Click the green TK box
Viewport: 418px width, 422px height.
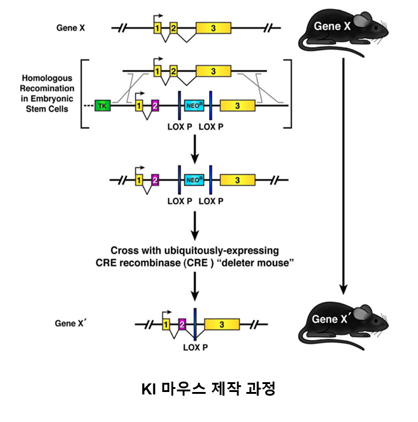point(102,106)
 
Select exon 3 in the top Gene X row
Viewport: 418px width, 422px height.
point(213,28)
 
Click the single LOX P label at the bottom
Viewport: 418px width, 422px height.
point(195,346)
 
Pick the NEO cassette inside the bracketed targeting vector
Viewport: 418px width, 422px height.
point(194,106)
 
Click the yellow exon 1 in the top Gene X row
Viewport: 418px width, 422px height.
point(157,28)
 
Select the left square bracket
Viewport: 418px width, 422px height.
point(84,94)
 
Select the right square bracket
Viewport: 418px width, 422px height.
point(289,94)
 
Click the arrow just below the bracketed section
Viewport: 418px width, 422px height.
point(194,148)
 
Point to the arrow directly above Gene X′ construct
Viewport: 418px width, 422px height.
point(194,288)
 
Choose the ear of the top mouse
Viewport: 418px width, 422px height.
point(361,23)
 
